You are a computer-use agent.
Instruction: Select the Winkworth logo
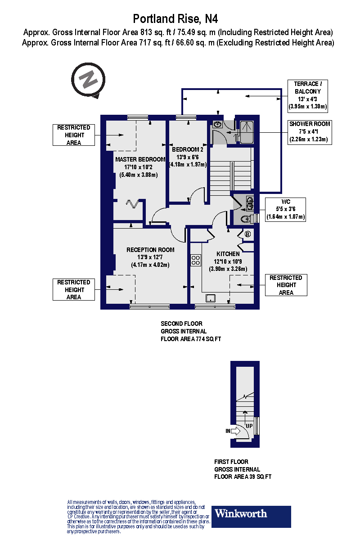click(x=251, y=517)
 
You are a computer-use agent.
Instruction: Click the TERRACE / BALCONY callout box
click(x=308, y=96)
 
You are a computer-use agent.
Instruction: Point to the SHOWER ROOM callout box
click(x=310, y=132)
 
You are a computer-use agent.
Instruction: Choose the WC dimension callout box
click(x=286, y=209)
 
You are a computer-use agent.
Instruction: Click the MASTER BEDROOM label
click(x=140, y=159)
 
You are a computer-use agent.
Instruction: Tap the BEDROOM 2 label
click(x=188, y=149)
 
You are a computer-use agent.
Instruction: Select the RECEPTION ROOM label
click(x=150, y=250)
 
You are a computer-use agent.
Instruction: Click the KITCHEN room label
click(x=228, y=254)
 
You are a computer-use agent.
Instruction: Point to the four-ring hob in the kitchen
click(x=196, y=260)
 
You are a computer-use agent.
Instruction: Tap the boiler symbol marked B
click(x=247, y=234)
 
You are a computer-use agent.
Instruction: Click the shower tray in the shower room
click(x=247, y=132)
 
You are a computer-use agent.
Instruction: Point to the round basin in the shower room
click(x=217, y=124)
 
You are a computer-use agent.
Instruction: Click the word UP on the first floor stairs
click(x=249, y=425)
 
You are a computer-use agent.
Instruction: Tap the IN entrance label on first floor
click(x=228, y=431)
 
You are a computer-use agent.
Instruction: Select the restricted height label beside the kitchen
click(x=286, y=285)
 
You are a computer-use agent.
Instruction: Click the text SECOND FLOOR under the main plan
click(x=181, y=324)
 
